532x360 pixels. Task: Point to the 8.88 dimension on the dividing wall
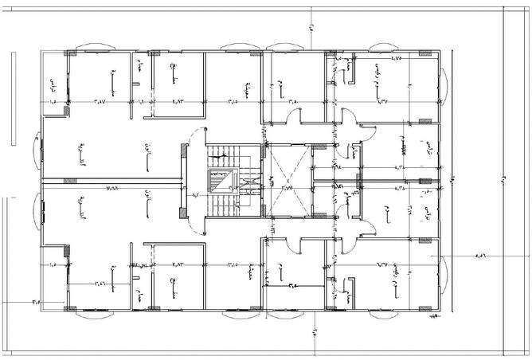click(111, 187)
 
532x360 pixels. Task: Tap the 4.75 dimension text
click(396, 59)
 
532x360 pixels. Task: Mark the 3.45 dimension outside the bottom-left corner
click(37, 301)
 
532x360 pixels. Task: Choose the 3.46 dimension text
click(101, 280)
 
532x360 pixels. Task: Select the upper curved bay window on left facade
click(37, 144)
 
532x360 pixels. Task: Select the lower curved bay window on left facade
click(37, 214)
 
